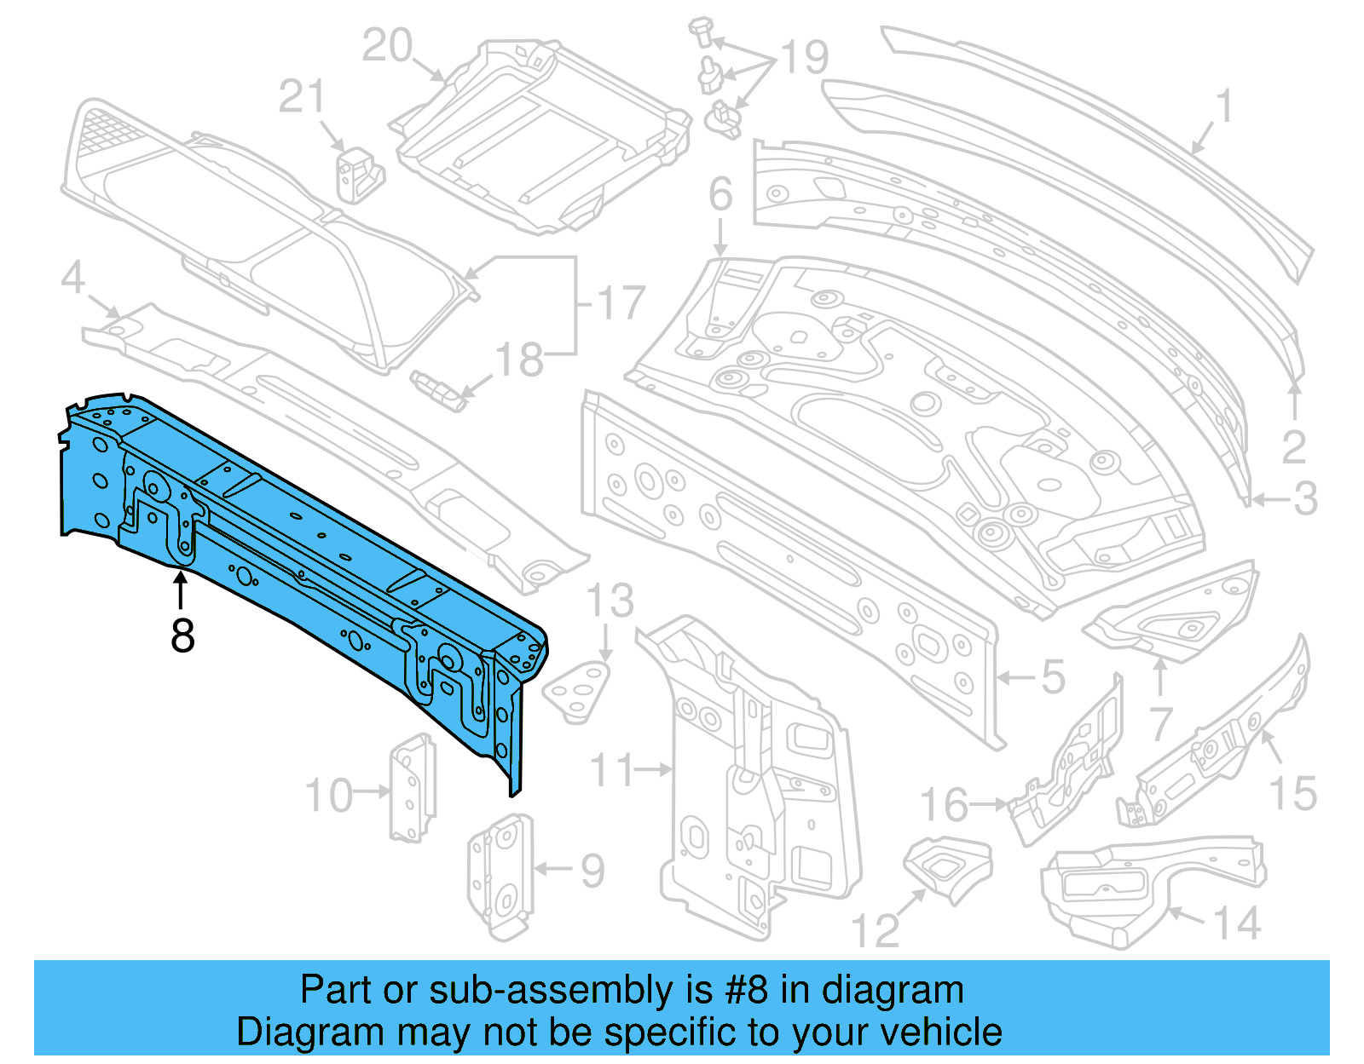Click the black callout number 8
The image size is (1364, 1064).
click(x=182, y=636)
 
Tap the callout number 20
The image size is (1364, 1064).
click(x=387, y=46)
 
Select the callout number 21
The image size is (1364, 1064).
click(x=302, y=97)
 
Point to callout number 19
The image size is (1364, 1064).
click(x=804, y=58)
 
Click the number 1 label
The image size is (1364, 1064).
click(x=1224, y=107)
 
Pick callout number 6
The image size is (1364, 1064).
click(x=720, y=194)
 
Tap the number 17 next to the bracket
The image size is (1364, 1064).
click(x=621, y=303)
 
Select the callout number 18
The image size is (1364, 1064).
click(x=519, y=360)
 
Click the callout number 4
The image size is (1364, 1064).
click(x=73, y=279)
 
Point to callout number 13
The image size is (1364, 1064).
click(x=610, y=601)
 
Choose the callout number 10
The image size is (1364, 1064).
click(x=328, y=796)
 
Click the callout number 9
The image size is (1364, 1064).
click(x=592, y=871)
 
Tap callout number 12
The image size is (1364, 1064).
click(x=876, y=930)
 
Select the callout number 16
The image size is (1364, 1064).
click(x=945, y=805)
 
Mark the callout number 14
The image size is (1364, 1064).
click(x=1237, y=924)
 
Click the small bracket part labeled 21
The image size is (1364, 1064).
click(x=359, y=175)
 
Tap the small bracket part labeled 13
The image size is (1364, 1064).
click(x=578, y=693)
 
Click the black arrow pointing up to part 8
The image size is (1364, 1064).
click(x=181, y=590)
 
